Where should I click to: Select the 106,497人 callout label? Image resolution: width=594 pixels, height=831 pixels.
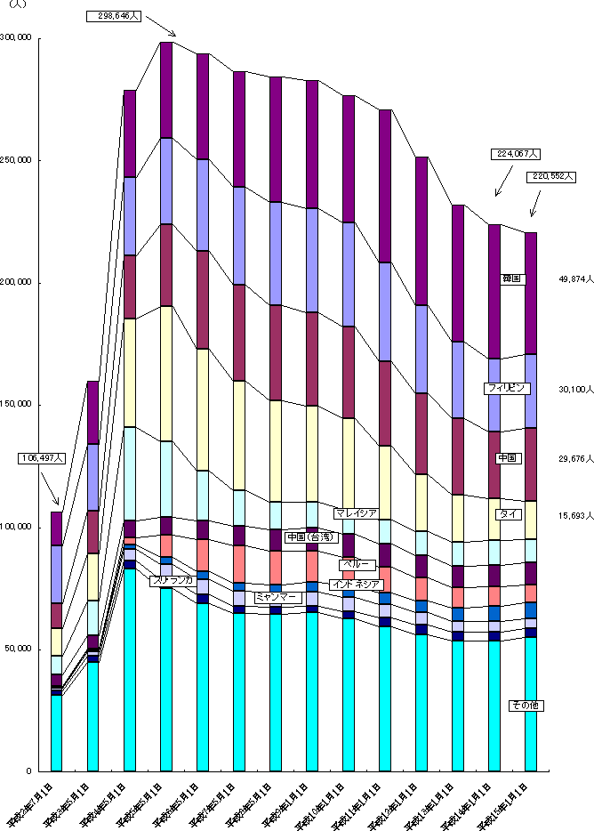pyautogui.click(x=43, y=458)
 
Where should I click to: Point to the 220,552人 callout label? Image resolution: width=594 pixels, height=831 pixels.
pyautogui.click(x=550, y=176)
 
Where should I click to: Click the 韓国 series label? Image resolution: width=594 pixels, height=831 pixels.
pyautogui.click(x=512, y=279)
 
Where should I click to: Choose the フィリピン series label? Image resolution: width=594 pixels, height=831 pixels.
pyautogui.click(x=508, y=388)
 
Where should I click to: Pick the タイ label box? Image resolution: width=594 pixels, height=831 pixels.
pyautogui.click(x=509, y=514)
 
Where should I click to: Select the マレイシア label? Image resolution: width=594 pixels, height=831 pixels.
pyautogui.click(x=357, y=513)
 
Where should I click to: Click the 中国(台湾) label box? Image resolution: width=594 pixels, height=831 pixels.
pyautogui.click(x=309, y=537)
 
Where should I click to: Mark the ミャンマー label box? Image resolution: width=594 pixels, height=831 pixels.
pyautogui.click(x=276, y=597)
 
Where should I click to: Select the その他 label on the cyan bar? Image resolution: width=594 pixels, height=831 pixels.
pyautogui.click(x=524, y=706)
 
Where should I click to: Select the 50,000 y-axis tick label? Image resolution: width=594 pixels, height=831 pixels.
pyautogui.click(x=20, y=649)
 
